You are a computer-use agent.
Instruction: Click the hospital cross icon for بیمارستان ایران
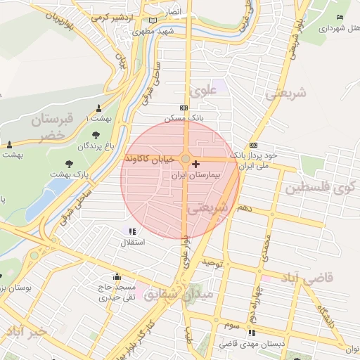[x=195, y=164]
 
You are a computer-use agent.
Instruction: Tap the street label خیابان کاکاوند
[x=149, y=160]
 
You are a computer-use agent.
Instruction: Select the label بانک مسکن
[x=184, y=118]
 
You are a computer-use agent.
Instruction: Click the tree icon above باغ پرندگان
[x=95, y=135]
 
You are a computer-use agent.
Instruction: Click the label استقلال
[x=133, y=242]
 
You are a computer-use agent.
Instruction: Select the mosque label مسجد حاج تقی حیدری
[x=116, y=293]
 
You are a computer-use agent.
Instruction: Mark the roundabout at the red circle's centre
[x=185, y=159]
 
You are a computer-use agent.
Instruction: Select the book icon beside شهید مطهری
[x=153, y=22]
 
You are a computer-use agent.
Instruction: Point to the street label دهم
[x=245, y=209]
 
